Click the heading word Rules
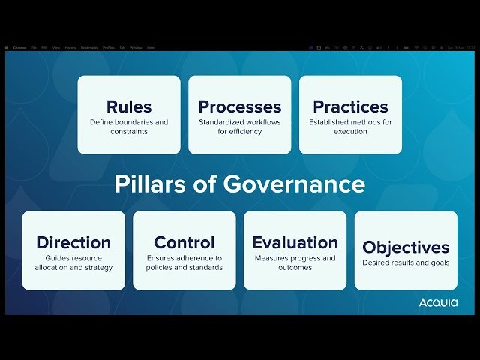point(129,106)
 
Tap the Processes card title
point(240,106)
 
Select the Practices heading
point(350,106)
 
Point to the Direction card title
point(73,242)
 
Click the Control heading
point(184,242)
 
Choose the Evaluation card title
point(295,242)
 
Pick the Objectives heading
point(406,247)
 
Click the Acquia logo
point(438,302)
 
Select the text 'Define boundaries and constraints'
point(129,127)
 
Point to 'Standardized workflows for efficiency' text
point(240,127)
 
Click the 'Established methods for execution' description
point(350,127)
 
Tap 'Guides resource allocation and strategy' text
point(73,262)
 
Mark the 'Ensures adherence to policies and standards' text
point(184,262)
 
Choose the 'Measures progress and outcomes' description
point(295,262)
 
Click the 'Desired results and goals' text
point(406,263)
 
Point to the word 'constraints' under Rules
point(129,132)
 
